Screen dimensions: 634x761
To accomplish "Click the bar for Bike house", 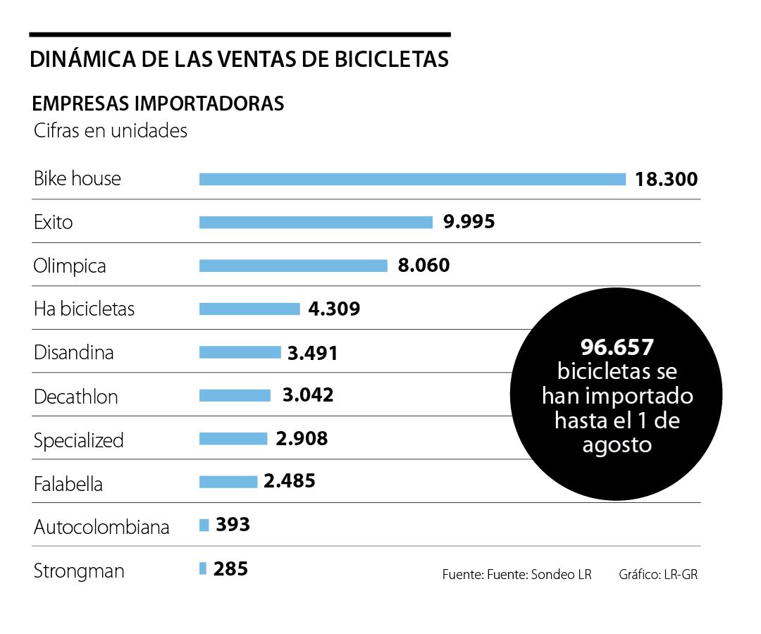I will tap(412, 179).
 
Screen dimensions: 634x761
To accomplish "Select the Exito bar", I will tap(316, 223).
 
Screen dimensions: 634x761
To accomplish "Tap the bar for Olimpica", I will tap(293, 266).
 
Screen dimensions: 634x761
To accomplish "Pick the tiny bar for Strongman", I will tap(203, 568).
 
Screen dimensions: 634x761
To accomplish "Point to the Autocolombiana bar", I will tap(204, 525).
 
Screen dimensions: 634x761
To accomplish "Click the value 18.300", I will tap(666, 179).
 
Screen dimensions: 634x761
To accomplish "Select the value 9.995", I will tap(469, 223).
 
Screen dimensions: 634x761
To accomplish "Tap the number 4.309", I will tap(334, 309).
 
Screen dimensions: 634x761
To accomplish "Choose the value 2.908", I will tap(302, 439).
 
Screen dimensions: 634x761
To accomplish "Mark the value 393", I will tap(233, 525).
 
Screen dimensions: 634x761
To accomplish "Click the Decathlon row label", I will tap(76, 397).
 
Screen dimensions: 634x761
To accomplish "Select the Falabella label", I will tap(68, 484).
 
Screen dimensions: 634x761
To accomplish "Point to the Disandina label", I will tap(74, 352).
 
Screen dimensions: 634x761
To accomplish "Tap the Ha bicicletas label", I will tap(84, 309).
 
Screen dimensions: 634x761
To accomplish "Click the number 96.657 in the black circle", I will tap(617, 347).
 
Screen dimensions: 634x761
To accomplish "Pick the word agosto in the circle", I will tap(617, 445).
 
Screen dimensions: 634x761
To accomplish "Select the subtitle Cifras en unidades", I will tap(111, 131).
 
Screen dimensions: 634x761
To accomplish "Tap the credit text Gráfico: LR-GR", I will tap(658, 574).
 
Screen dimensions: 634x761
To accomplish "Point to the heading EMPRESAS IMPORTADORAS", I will tap(159, 104).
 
